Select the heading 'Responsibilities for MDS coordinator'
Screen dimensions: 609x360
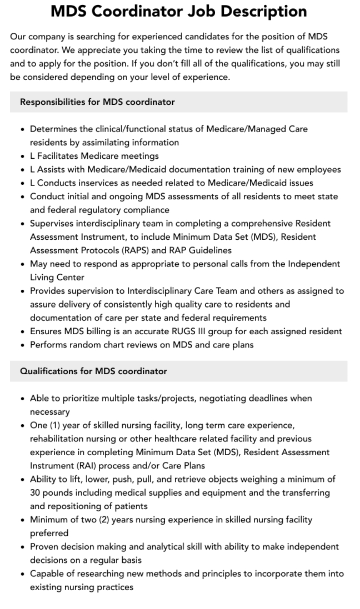[x=97, y=102]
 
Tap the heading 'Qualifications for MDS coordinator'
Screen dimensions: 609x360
[x=93, y=371]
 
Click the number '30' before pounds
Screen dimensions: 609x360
[x=36, y=492]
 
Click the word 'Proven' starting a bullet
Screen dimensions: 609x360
[x=44, y=546]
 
